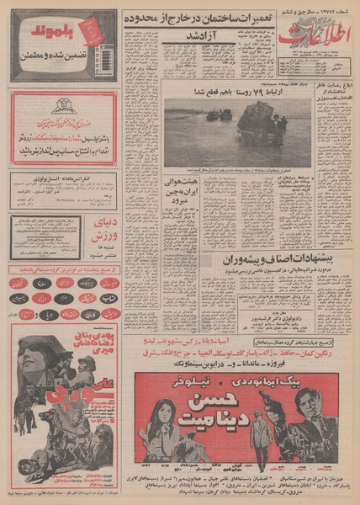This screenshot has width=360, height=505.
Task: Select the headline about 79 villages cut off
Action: point(240,93)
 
